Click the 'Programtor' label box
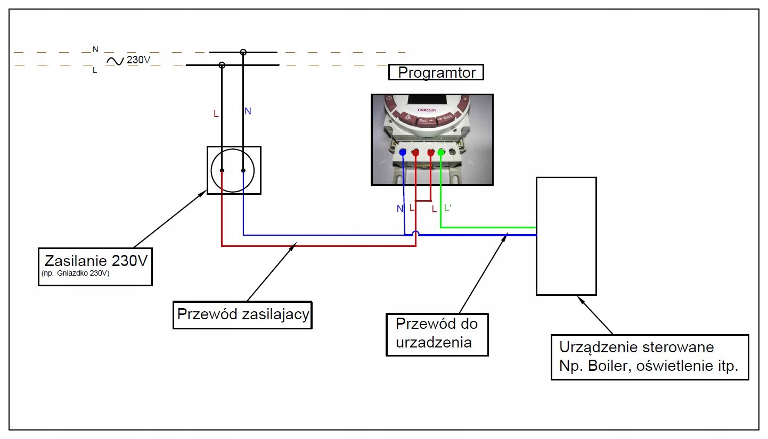[436, 72]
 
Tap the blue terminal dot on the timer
[403, 153]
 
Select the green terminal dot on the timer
[441, 153]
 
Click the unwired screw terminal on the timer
[453, 153]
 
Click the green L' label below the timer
[448, 208]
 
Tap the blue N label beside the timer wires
[400, 209]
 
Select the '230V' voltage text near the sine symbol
[138, 60]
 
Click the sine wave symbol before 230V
[115, 61]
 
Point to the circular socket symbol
[233, 170]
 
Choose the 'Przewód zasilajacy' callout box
[243, 314]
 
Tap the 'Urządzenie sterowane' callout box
[649, 357]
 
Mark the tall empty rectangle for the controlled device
[566, 236]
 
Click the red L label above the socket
[216, 114]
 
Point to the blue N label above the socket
[248, 111]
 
